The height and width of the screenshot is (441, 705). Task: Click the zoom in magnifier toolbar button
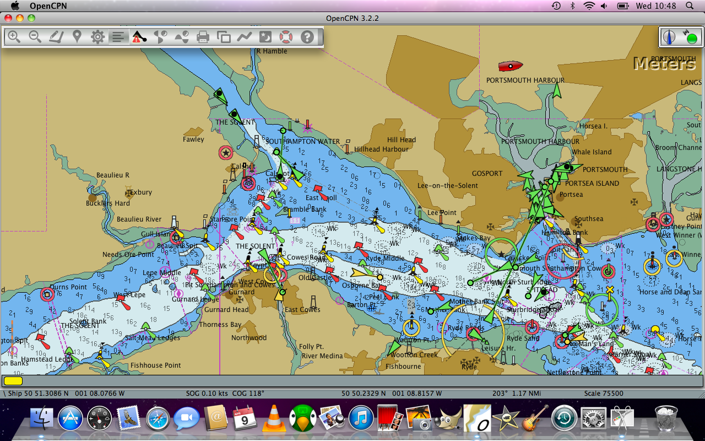click(x=14, y=37)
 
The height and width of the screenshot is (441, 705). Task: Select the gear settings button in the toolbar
click(x=97, y=37)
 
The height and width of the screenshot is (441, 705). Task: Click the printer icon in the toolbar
click(x=203, y=37)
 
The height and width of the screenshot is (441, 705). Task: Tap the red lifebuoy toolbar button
click(x=285, y=37)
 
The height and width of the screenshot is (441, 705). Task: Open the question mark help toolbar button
click(x=307, y=37)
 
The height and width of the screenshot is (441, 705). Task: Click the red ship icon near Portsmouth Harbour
click(x=511, y=66)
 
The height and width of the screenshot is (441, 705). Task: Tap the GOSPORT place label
click(x=487, y=173)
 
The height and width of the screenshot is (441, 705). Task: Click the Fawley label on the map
click(x=193, y=139)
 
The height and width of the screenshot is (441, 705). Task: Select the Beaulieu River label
click(x=139, y=219)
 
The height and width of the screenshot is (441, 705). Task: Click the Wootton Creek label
click(x=414, y=354)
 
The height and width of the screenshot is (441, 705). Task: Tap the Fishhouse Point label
click(x=156, y=365)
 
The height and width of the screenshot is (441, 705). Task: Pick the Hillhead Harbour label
click(x=381, y=149)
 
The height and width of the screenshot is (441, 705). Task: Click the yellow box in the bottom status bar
click(x=13, y=380)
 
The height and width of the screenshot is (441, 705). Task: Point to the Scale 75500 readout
click(x=604, y=394)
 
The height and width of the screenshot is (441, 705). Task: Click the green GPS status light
click(x=692, y=39)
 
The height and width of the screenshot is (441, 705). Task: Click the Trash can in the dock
click(x=666, y=418)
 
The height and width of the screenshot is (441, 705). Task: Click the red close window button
click(x=8, y=18)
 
